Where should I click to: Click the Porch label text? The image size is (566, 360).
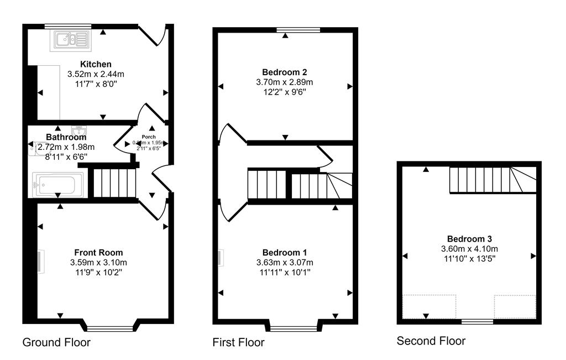(149, 137)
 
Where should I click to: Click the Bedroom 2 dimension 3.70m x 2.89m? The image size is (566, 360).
(285, 82)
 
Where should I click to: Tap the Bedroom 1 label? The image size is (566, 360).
(284, 253)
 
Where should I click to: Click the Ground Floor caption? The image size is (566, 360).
(56, 342)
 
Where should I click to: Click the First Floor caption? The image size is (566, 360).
(238, 342)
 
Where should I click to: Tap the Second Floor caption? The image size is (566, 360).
(431, 341)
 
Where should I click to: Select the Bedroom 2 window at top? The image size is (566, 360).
(298, 29)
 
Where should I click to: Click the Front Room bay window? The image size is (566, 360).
(110, 328)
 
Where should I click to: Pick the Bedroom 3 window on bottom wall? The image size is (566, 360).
(477, 321)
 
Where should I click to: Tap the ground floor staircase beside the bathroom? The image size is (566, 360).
(113, 182)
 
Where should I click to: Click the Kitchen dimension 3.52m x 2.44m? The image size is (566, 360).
(96, 74)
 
